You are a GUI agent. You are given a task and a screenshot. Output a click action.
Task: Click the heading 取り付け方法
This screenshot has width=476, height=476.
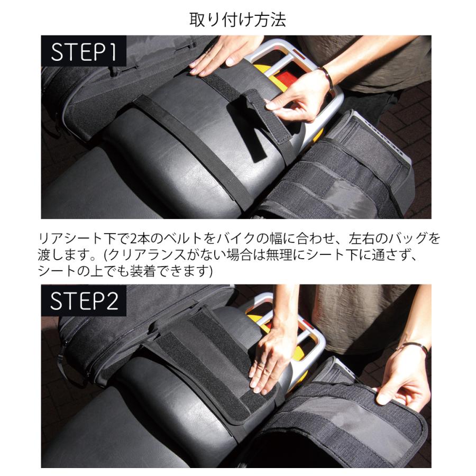(237, 20)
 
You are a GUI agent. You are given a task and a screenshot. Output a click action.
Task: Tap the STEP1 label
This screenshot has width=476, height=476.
(84, 52)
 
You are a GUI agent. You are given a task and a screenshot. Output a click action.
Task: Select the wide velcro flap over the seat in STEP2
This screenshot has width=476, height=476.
(212, 365)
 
